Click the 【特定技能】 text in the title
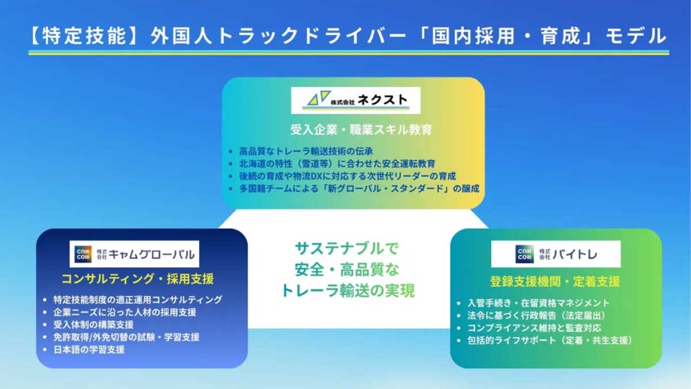coord(79,36)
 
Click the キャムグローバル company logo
coord(134,254)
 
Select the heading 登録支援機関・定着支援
coord(555,282)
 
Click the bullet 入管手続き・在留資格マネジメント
coord(538,303)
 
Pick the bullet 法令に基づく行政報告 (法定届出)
coord(536,315)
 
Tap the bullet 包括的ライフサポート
coord(549,341)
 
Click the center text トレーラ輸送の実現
coord(348,291)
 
